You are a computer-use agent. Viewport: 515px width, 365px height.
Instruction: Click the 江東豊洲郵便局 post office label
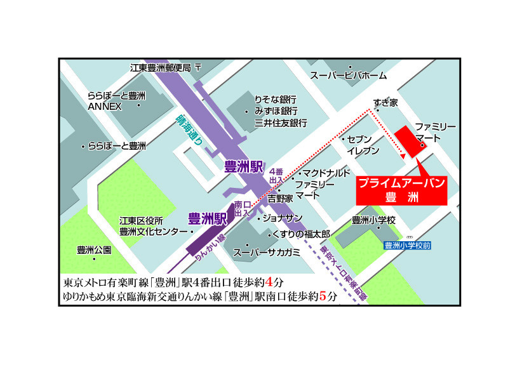[x=161, y=67]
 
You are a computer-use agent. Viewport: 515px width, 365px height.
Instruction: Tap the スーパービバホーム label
[x=348, y=76]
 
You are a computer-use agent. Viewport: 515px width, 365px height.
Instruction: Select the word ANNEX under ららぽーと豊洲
[x=105, y=106]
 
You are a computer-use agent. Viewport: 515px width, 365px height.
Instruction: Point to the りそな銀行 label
[x=276, y=100]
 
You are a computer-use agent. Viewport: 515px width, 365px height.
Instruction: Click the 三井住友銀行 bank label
[x=281, y=123]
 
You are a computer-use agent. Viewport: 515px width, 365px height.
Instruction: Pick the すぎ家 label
[x=385, y=102]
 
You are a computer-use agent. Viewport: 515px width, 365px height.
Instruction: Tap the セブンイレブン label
[x=363, y=145]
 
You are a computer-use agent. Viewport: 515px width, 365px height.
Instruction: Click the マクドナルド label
[x=326, y=173]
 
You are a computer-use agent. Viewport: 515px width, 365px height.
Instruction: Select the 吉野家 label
[x=280, y=199]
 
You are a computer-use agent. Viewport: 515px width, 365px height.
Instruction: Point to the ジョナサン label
[x=283, y=218]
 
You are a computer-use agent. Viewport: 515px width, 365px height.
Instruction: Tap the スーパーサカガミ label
[x=266, y=252]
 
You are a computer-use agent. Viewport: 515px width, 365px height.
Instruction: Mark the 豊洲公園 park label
[x=94, y=249]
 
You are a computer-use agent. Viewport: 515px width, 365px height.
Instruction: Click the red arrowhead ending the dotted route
[x=403, y=154]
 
